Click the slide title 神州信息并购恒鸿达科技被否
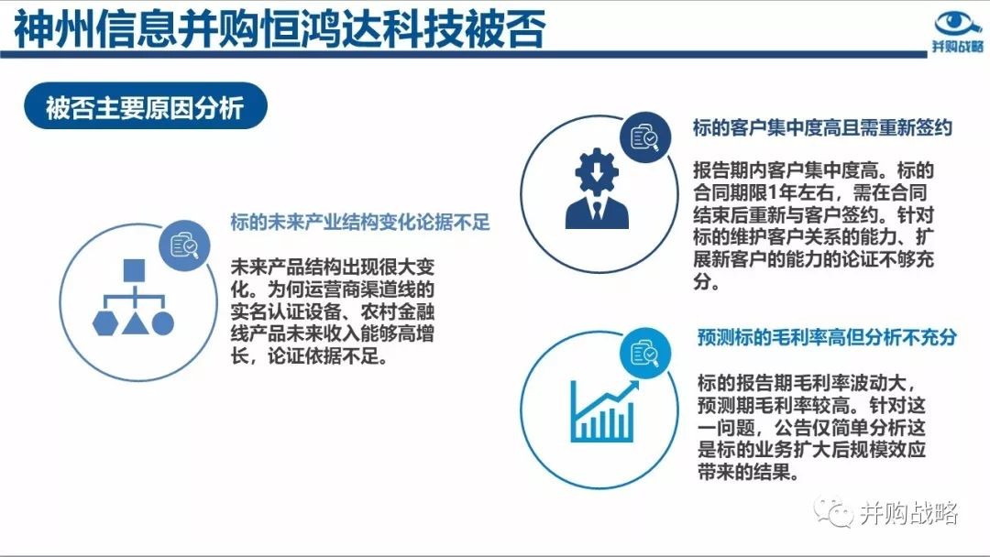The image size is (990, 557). (x=280, y=28)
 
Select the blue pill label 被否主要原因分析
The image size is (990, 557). (x=145, y=106)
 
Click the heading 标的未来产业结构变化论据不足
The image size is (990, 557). (x=360, y=222)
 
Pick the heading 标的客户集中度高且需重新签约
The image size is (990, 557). (x=822, y=127)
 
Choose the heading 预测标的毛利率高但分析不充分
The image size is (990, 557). (x=827, y=337)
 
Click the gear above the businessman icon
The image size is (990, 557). (x=597, y=169)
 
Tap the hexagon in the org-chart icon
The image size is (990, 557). (x=105, y=323)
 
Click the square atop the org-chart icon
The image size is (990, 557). (x=134, y=270)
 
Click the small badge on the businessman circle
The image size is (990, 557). (x=644, y=137)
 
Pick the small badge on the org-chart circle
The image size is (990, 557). (x=184, y=246)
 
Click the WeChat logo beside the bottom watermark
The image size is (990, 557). (x=832, y=511)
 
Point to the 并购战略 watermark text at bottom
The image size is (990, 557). (x=909, y=513)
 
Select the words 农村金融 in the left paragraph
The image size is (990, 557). (x=397, y=311)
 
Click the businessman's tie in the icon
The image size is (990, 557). (x=597, y=207)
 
